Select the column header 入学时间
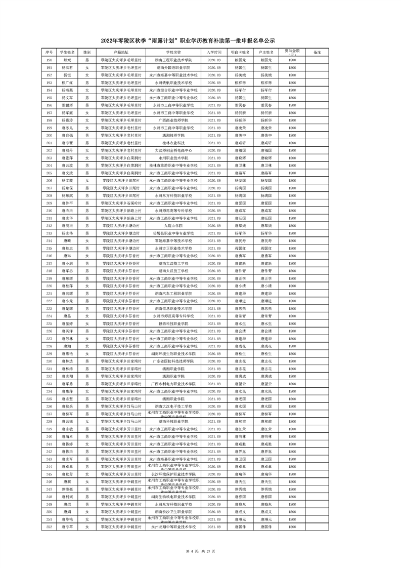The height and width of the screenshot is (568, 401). point(214,52)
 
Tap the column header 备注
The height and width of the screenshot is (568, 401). point(317,52)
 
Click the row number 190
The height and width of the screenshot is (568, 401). point(49,60)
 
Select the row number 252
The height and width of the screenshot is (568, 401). point(49,527)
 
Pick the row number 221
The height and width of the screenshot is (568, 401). point(49,294)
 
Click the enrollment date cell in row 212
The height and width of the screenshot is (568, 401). point(214,226)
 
